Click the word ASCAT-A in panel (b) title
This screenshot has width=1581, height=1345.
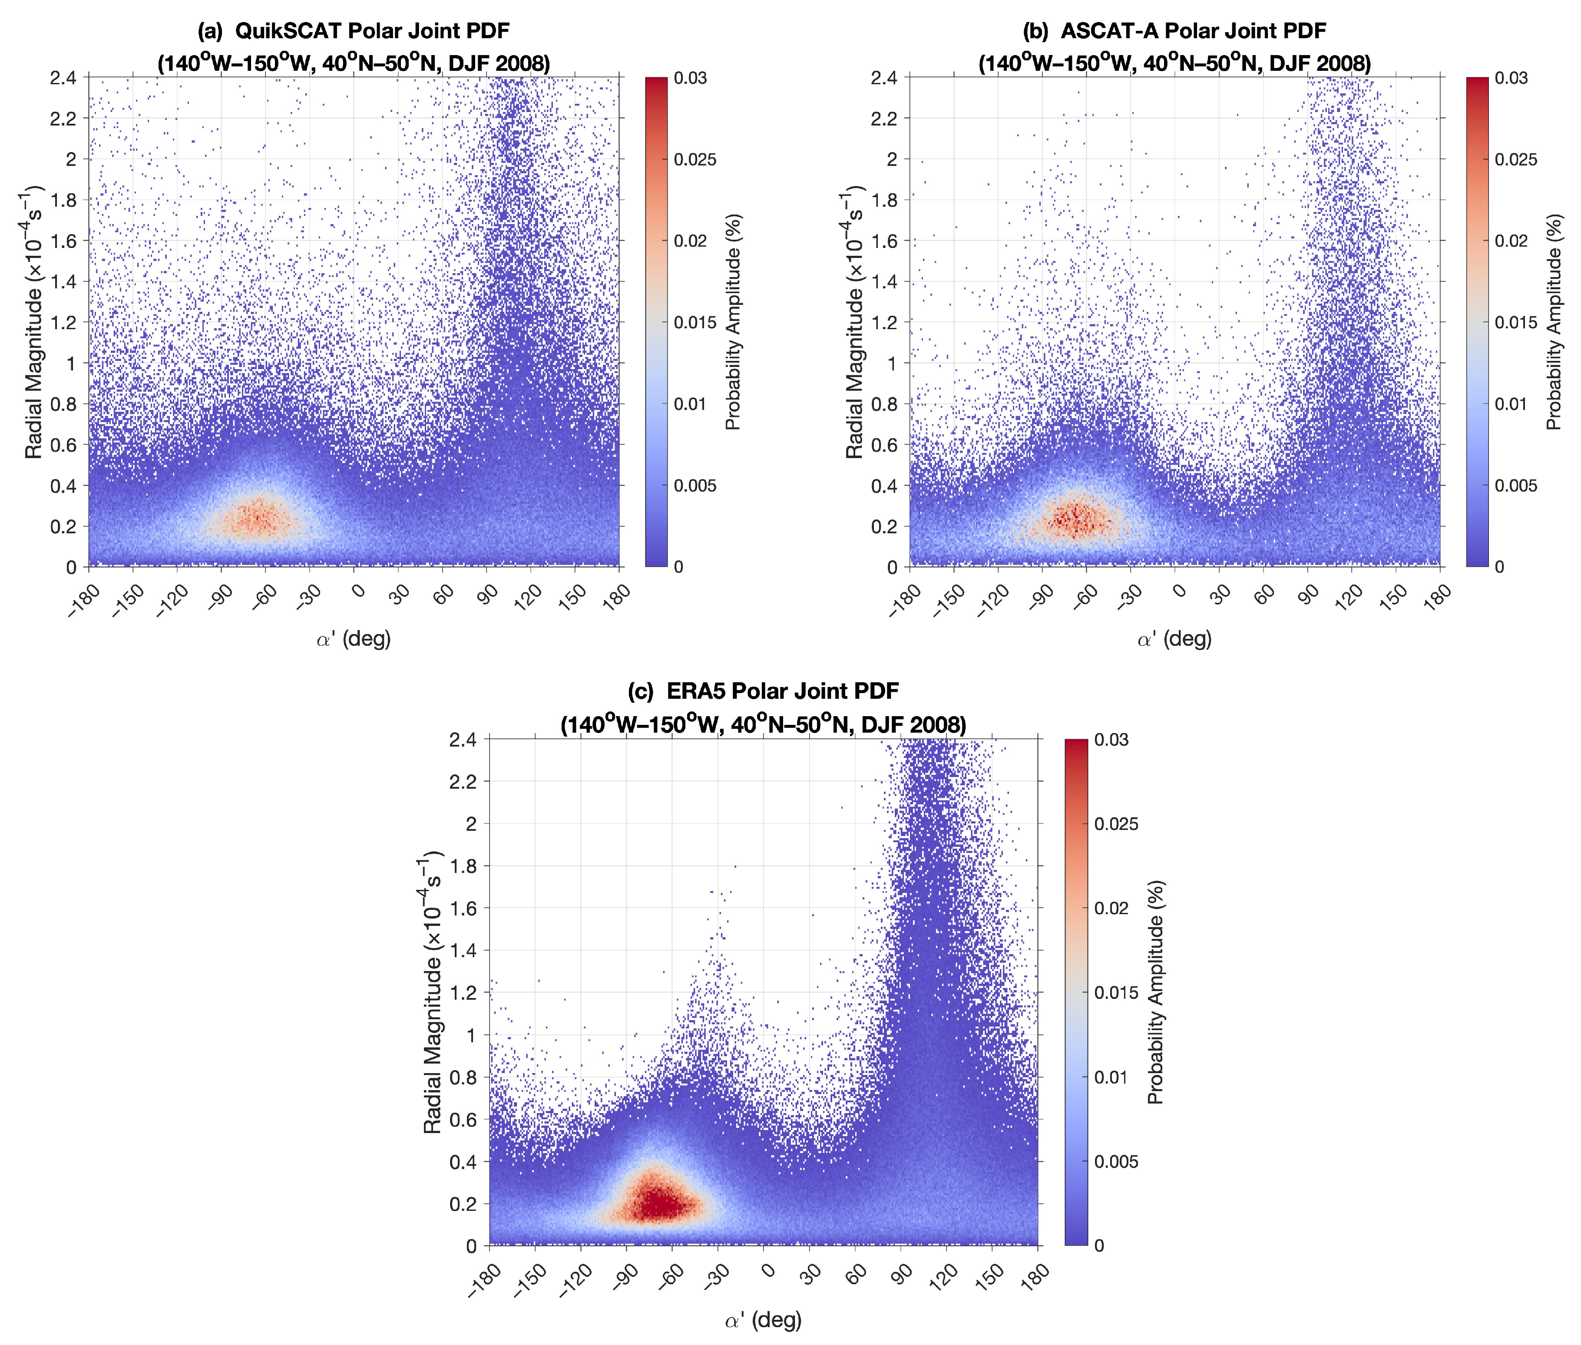click(1107, 31)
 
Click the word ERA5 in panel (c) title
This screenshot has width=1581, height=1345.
click(695, 691)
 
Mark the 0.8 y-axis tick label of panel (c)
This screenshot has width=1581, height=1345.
click(463, 1077)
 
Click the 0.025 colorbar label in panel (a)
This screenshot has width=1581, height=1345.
click(694, 159)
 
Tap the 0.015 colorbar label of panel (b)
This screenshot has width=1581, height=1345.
click(1515, 323)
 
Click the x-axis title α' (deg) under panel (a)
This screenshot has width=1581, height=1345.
click(353, 639)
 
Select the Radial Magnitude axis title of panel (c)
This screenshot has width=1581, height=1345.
click(433, 991)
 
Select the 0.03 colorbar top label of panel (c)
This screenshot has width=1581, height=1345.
click(1111, 740)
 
